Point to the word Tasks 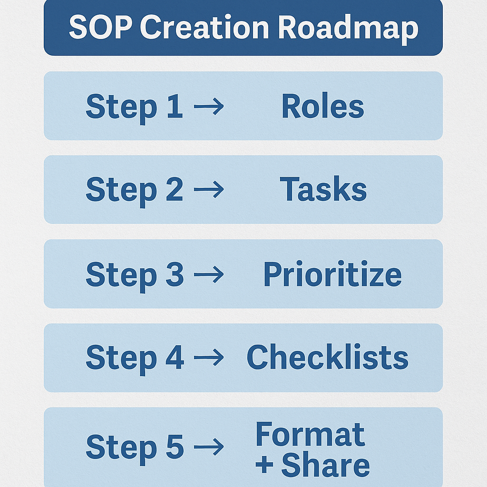tap(323, 190)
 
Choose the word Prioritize tap(332, 274)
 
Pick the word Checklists tap(327, 358)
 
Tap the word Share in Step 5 tap(325, 465)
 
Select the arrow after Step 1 tap(209, 107)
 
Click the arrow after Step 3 tap(209, 274)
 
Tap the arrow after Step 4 tap(209, 358)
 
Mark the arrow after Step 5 tap(209, 447)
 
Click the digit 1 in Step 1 tap(175, 106)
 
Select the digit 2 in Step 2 tap(174, 190)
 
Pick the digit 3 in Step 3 tap(175, 274)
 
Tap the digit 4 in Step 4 tap(175, 358)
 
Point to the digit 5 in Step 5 tap(175, 447)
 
